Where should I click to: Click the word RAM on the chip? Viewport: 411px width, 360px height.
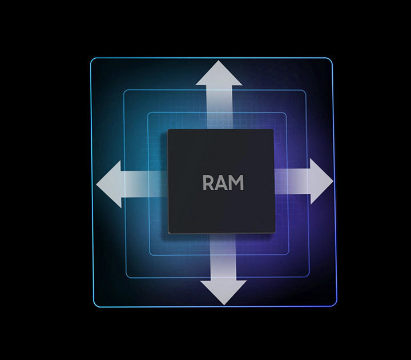pos(223,183)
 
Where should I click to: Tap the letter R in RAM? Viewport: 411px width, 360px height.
pos(209,183)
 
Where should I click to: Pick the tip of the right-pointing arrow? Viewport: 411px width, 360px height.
pos(333,182)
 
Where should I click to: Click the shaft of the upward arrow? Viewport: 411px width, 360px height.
pos(220,106)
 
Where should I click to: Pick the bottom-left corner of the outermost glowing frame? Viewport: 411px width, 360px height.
pos(93,305)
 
